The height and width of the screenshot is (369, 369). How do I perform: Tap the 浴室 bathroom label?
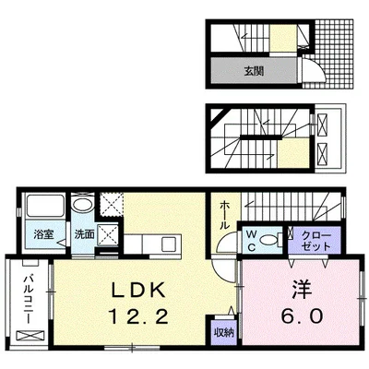pos(43,235)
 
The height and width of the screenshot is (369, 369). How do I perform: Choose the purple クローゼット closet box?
pos(314,242)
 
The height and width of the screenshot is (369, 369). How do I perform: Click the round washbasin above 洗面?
pos(83,207)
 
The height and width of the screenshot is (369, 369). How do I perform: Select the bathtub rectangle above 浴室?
pos(44,208)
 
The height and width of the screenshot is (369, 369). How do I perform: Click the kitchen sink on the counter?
pos(167,244)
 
